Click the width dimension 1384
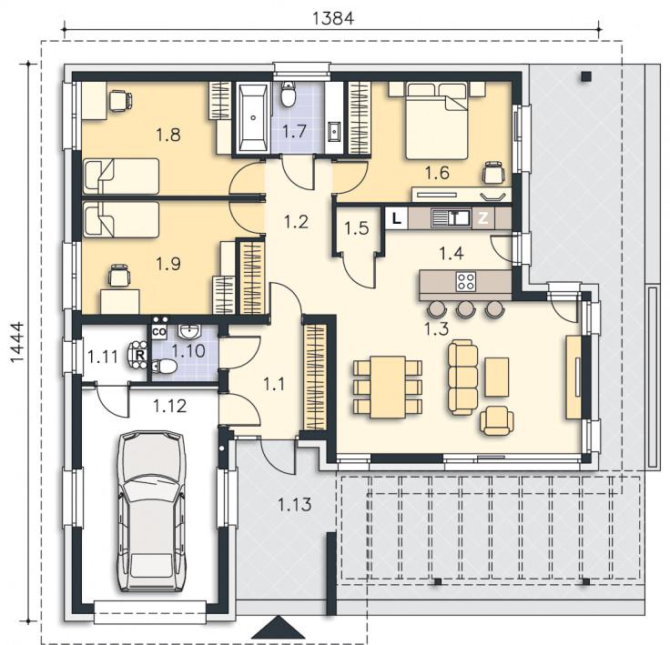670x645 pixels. [x=333, y=18]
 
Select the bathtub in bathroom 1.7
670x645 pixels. [x=253, y=117]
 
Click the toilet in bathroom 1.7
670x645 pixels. [x=289, y=95]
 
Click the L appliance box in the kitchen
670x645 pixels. [x=397, y=219]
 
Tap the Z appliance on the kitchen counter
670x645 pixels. [x=482, y=218]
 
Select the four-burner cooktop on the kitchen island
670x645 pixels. [x=466, y=281]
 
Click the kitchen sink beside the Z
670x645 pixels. [x=451, y=218]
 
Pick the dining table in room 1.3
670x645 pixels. [x=388, y=387]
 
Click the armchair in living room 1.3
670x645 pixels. [x=496, y=420]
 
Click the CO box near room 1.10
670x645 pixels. [x=158, y=331]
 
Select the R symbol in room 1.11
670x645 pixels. [x=139, y=354]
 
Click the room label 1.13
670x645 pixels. [x=295, y=505]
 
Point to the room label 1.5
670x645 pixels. [x=357, y=228]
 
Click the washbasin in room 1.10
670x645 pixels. [x=188, y=330]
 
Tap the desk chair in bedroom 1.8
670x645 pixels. [x=119, y=101]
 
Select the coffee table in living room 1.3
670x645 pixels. [x=497, y=378]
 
